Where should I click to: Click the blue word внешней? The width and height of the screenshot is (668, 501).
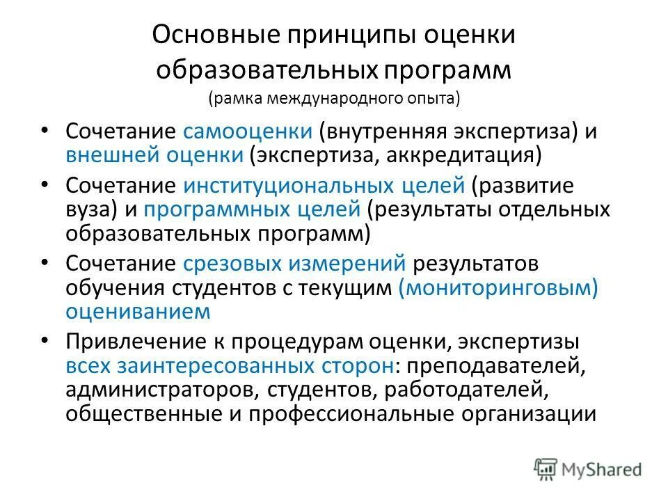point(112,154)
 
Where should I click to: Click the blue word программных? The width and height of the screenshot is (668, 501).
point(218,209)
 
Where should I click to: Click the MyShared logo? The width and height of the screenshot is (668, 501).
point(588,468)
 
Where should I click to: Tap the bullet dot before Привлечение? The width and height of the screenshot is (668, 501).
point(46,341)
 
